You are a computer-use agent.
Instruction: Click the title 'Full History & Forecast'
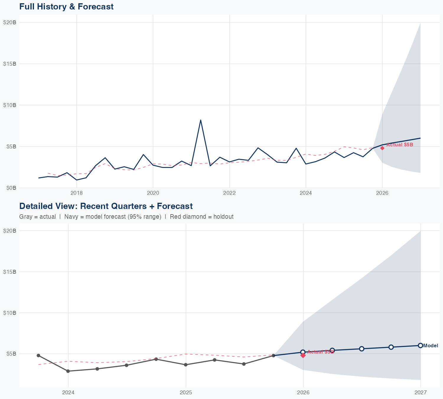(x=66, y=7)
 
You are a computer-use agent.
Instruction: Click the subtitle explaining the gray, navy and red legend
(x=126, y=217)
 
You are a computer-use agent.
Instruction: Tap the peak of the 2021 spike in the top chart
(x=201, y=120)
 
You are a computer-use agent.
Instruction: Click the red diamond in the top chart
(x=382, y=148)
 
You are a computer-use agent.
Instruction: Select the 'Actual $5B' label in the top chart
(x=400, y=145)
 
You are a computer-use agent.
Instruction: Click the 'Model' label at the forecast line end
(x=431, y=346)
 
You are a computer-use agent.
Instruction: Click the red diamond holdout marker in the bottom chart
(x=303, y=356)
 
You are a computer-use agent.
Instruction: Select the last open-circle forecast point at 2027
(x=420, y=345)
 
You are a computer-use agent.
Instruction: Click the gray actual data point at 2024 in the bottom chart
(x=68, y=371)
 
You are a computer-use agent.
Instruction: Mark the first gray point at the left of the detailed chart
(x=38, y=355)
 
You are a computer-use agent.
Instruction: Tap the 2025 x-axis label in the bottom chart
(x=186, y=392)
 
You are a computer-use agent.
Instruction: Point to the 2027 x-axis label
(x=420, y=392)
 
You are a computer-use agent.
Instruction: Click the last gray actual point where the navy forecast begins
(x=273, y=356)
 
